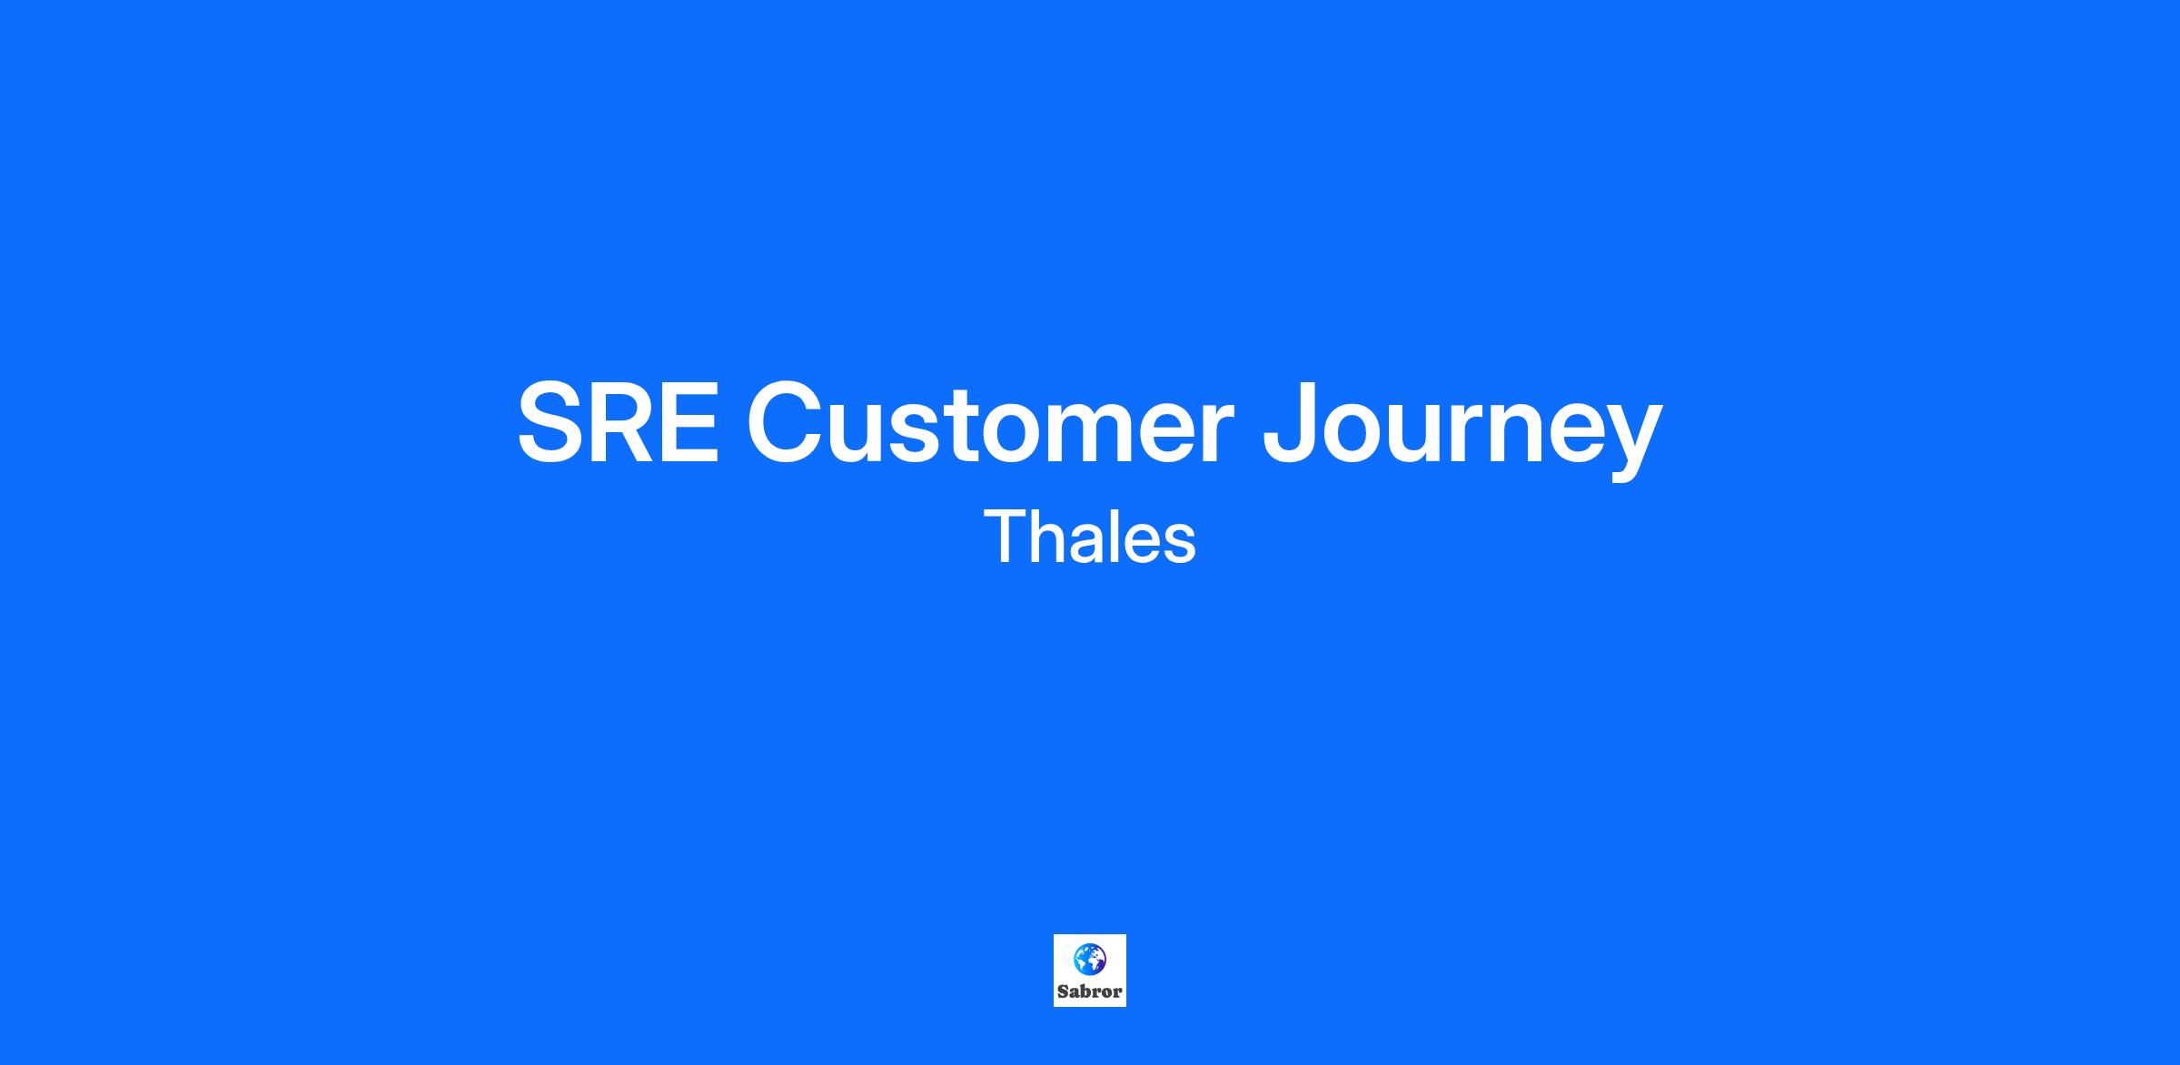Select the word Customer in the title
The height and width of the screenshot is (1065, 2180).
tap(990, 423)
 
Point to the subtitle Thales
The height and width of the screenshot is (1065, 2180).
tap(1090, 537)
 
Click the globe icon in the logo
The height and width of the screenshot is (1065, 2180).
tap(1090, 958)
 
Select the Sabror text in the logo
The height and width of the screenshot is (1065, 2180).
tap(1090, 991)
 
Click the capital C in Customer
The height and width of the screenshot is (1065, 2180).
tap(786, 423)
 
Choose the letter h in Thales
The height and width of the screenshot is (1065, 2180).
tap(1048, 537)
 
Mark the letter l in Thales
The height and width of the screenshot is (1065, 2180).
tap(1115, 537)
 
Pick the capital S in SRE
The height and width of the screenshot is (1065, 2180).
tap(549, 423)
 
